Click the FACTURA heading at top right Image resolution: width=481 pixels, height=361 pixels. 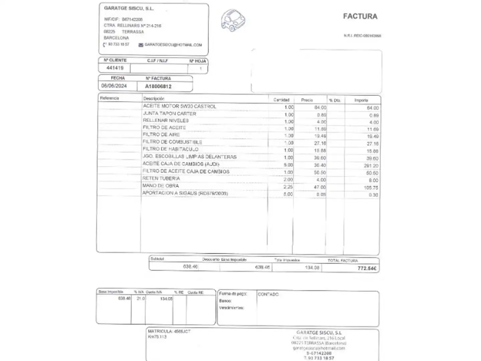(x=360, y=16)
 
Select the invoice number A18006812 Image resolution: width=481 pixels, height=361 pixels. (x=158, y=86)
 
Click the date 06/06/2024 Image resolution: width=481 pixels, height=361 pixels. (x=114, y=86)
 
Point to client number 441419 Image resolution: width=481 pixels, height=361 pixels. (x=115, y=68)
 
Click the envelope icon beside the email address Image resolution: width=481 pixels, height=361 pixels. (x=141, y=45)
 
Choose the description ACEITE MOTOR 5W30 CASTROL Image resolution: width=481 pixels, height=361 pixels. (x=179, y=106)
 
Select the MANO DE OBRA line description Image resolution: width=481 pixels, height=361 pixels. (x=161, y=186)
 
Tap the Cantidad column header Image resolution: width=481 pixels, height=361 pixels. (x=281, y=100)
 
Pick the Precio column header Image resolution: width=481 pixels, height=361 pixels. (x=307, y=100)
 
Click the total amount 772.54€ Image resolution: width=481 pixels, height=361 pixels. (x=366, y=268)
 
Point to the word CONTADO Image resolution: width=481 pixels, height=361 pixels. (x=268, y=294)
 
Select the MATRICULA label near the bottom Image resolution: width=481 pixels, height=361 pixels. (x=160, y=331)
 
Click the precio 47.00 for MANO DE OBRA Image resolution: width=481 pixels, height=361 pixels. (x=320, y=187)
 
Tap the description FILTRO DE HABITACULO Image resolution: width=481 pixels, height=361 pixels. (x=170, y=149)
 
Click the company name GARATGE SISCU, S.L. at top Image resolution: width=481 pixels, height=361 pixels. (x=129, y=8)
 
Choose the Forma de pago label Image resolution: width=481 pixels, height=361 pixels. (x=233, y=293)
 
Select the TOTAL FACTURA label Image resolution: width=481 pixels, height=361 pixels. (x=342, y=260)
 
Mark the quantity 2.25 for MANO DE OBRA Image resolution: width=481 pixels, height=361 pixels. (x=288, y=187)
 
